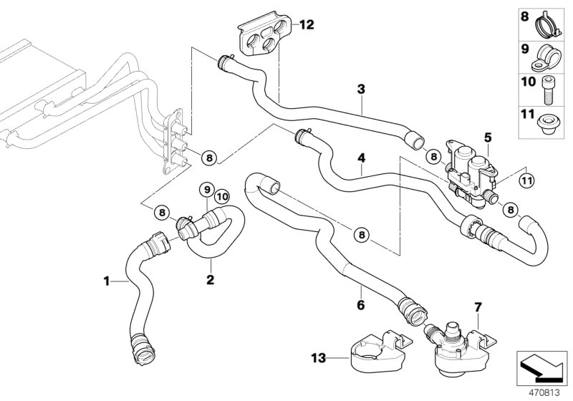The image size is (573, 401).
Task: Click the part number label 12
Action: pyautogui.click(x=307, y=26)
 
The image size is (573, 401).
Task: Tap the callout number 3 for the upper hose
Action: pyautogui.click(x=362, y=90)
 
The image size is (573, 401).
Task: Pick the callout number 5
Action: pyautogui.click(x=488, y=136)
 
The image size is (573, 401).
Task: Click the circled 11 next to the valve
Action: pyautogui.click(x=526, y=179)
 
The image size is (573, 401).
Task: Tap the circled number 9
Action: pyautogui.click(x=207, y=190)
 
